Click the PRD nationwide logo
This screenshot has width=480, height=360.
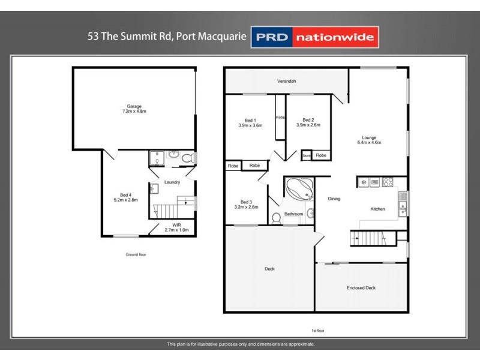(x=315, y=37)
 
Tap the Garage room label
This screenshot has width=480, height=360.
(x=134, y=109)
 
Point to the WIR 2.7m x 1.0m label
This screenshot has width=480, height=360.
(x=176, y=227)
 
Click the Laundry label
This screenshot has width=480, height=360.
(x=172, y=182)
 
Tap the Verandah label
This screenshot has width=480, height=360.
(x=287, y=81)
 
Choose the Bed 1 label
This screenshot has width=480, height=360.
(x=251, y=122)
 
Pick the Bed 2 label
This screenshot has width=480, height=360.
(x=308, y=122)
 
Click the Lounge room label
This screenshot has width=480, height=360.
(x=369, y=139)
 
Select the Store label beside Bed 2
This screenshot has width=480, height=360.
(x=307, y=155)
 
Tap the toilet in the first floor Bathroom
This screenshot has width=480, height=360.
(x=276, y=218)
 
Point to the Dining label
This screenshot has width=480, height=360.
(x=334, y=199)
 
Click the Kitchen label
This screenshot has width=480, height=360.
(x=377, y=209)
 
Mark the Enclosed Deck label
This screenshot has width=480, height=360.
(x=361, y=288)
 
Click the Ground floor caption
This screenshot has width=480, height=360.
(x=136, y=254)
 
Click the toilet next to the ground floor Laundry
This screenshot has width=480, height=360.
(x=187, y=158)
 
